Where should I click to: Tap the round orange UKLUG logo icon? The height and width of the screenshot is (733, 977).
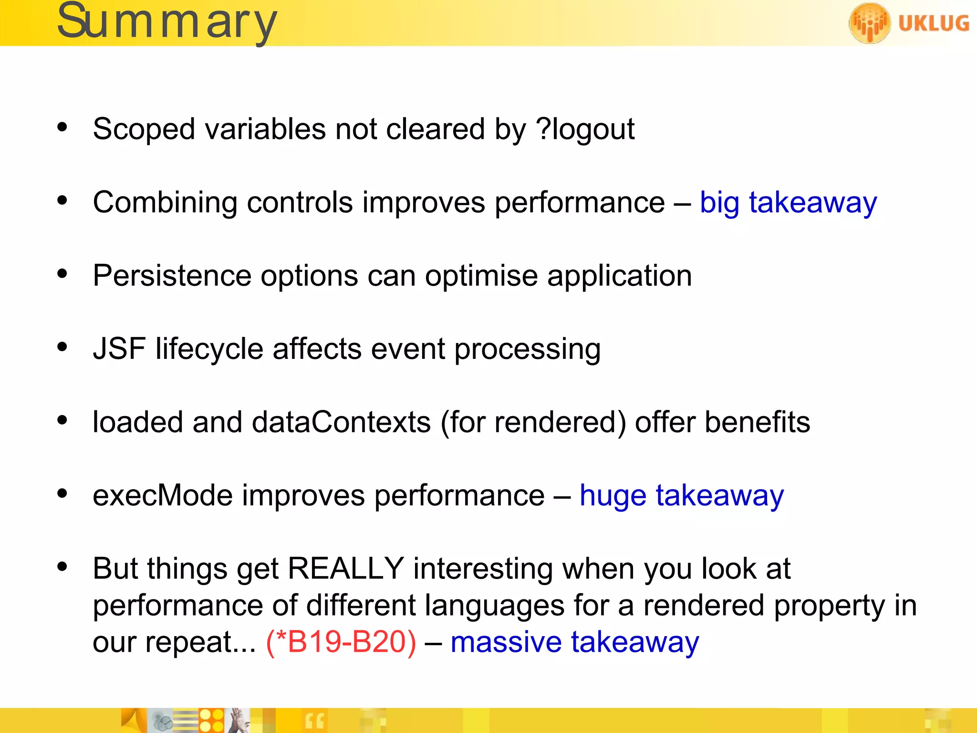(x=869, y=23)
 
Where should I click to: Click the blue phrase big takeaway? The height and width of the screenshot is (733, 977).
(x=788, y=203)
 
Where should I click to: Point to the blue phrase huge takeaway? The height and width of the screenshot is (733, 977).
(x=681, y=496)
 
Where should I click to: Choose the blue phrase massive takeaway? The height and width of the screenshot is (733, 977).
(x=574, y=642)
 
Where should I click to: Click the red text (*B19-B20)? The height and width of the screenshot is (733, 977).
(x=341, y=642)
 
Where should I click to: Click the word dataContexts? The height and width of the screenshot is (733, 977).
(x=341, y=422)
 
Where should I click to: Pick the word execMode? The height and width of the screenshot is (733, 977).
(x=162, y=496)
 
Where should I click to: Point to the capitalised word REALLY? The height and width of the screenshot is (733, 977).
(x=346, y=569)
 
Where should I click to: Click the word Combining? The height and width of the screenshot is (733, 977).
(x=165, y=203)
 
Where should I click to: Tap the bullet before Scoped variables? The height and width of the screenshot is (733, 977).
(x=62, y=127)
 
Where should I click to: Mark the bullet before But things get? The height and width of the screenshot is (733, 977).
(x=62, y=567)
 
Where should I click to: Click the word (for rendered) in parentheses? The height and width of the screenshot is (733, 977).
(x=532, y=423)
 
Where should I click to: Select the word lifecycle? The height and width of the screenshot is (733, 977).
(x=209, y=349)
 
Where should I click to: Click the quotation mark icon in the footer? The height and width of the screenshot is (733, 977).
(x=314, y=721)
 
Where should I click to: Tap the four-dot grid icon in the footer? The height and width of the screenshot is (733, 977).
(x=211, y=721)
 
